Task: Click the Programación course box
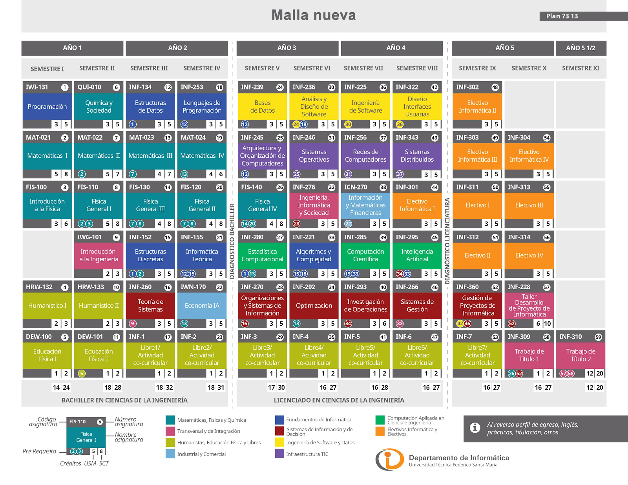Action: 47,106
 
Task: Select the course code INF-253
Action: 192,87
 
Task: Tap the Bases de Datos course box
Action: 262,106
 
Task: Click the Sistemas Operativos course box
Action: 314,156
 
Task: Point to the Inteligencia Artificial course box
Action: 417,255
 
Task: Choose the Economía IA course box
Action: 202,306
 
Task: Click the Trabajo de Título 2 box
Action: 581,355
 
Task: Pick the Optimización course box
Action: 314,306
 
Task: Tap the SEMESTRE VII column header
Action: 363,68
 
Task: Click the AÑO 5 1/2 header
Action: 581,48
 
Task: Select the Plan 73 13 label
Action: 562,16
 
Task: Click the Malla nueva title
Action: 314,15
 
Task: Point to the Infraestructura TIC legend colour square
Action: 279,454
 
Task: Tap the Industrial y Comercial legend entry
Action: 201,454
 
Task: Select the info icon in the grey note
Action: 475,428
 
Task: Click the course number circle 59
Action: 598,337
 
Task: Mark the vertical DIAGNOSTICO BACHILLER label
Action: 232,241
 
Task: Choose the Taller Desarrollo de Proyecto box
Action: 529,306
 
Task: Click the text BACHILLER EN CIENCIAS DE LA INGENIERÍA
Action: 124,400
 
